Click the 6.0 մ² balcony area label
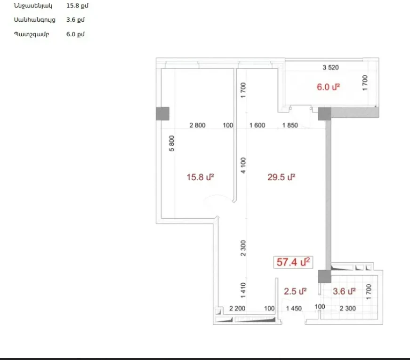pos(328,87)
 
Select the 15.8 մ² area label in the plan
pos(201,177)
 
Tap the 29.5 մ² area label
pos(281,177)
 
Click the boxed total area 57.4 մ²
pos(293,262)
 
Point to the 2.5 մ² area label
pos(295,291)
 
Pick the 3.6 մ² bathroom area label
pos(344,291)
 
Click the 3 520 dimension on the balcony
pos(330,67)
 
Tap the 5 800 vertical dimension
pos(171,143)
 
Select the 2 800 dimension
pos(197,125)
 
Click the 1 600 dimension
pos(257,125)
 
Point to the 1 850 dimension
pos(290,125)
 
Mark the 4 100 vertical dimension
pos(243,165)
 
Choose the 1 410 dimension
pos(243,290)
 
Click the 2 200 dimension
pos(237,309)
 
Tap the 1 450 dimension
pos(294,309)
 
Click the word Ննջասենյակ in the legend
pos(33,6)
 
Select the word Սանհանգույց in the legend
pos(34,20)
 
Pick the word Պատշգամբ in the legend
pos(32,34)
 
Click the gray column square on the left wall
pos(163,114)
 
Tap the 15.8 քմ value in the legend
pos(77,6)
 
